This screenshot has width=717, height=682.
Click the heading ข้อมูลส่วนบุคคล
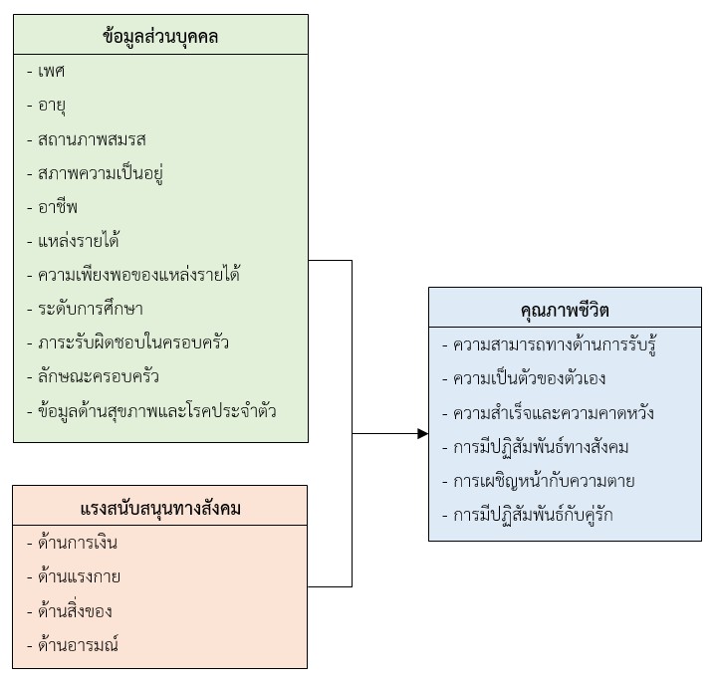pos(160,38)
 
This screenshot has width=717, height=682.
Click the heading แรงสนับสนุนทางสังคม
pos(160,509)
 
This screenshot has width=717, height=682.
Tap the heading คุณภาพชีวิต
pos(565,311)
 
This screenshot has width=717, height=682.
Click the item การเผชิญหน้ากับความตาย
pos(544,481)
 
